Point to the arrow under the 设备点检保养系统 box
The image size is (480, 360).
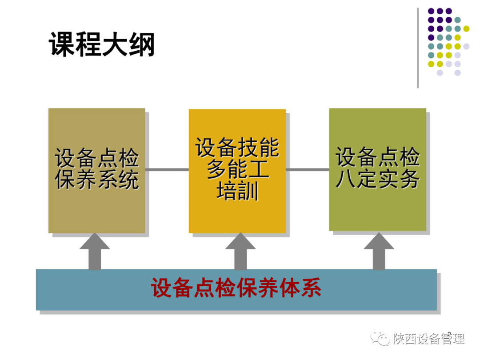point(95,252)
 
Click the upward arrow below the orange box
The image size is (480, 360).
point(240,252)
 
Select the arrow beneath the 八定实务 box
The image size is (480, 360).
point(379,252)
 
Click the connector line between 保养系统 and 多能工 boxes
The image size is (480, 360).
point(167,169)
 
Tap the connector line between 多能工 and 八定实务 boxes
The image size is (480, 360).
point(308,169)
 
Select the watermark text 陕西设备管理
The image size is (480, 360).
point(429,339)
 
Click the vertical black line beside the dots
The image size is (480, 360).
point(418,48)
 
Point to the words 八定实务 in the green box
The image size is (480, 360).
point(378,180)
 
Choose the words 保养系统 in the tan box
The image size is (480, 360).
point(97,180)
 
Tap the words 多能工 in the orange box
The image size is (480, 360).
point(237,170)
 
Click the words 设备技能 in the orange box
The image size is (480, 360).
point(237,148)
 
